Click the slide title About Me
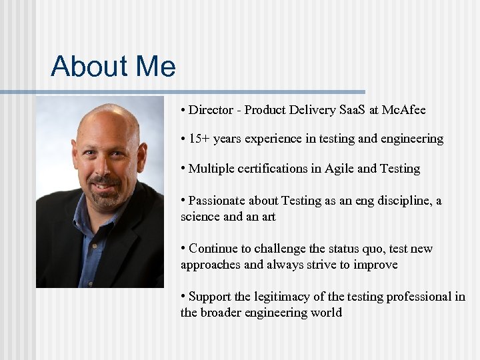coord(113,67)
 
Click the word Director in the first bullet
coord(211,109)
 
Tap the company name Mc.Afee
coord(403,109)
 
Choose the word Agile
coord(339,168)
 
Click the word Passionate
coord(217,201)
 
